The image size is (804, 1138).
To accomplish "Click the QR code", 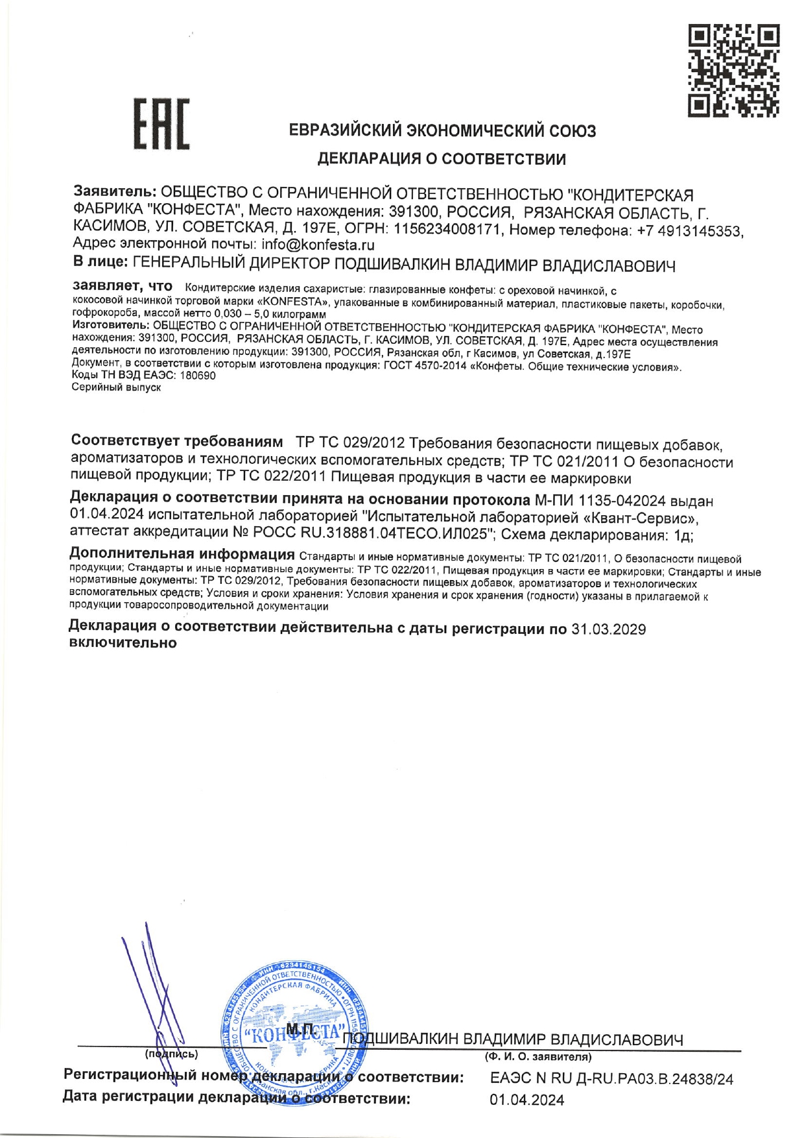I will coord(733,71).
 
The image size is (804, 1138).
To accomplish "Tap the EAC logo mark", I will coord(161,123).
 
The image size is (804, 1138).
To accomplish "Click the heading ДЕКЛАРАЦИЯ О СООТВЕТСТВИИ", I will coord(442,159).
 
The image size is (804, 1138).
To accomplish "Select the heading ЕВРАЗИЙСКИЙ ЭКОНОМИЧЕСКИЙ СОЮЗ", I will coord(442,131).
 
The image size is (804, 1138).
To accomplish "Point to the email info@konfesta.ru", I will coord(318,245).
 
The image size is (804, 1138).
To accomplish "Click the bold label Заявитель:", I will coord(115,193).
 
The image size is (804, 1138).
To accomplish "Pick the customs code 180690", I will coord(198,376).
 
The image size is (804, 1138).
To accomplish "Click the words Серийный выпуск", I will coord(116,387).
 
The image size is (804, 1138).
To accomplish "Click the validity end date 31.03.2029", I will coord(608,629).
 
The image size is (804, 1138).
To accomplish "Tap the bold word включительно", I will coord(123,643).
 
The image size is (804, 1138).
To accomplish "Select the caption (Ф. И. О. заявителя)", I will coord(538,1058).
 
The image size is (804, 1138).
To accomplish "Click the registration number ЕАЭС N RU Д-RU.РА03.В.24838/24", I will coord(611,1079).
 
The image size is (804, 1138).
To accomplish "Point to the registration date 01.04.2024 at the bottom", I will coord(526,1100).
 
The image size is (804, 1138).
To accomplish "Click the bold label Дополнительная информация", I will coord(182,555).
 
